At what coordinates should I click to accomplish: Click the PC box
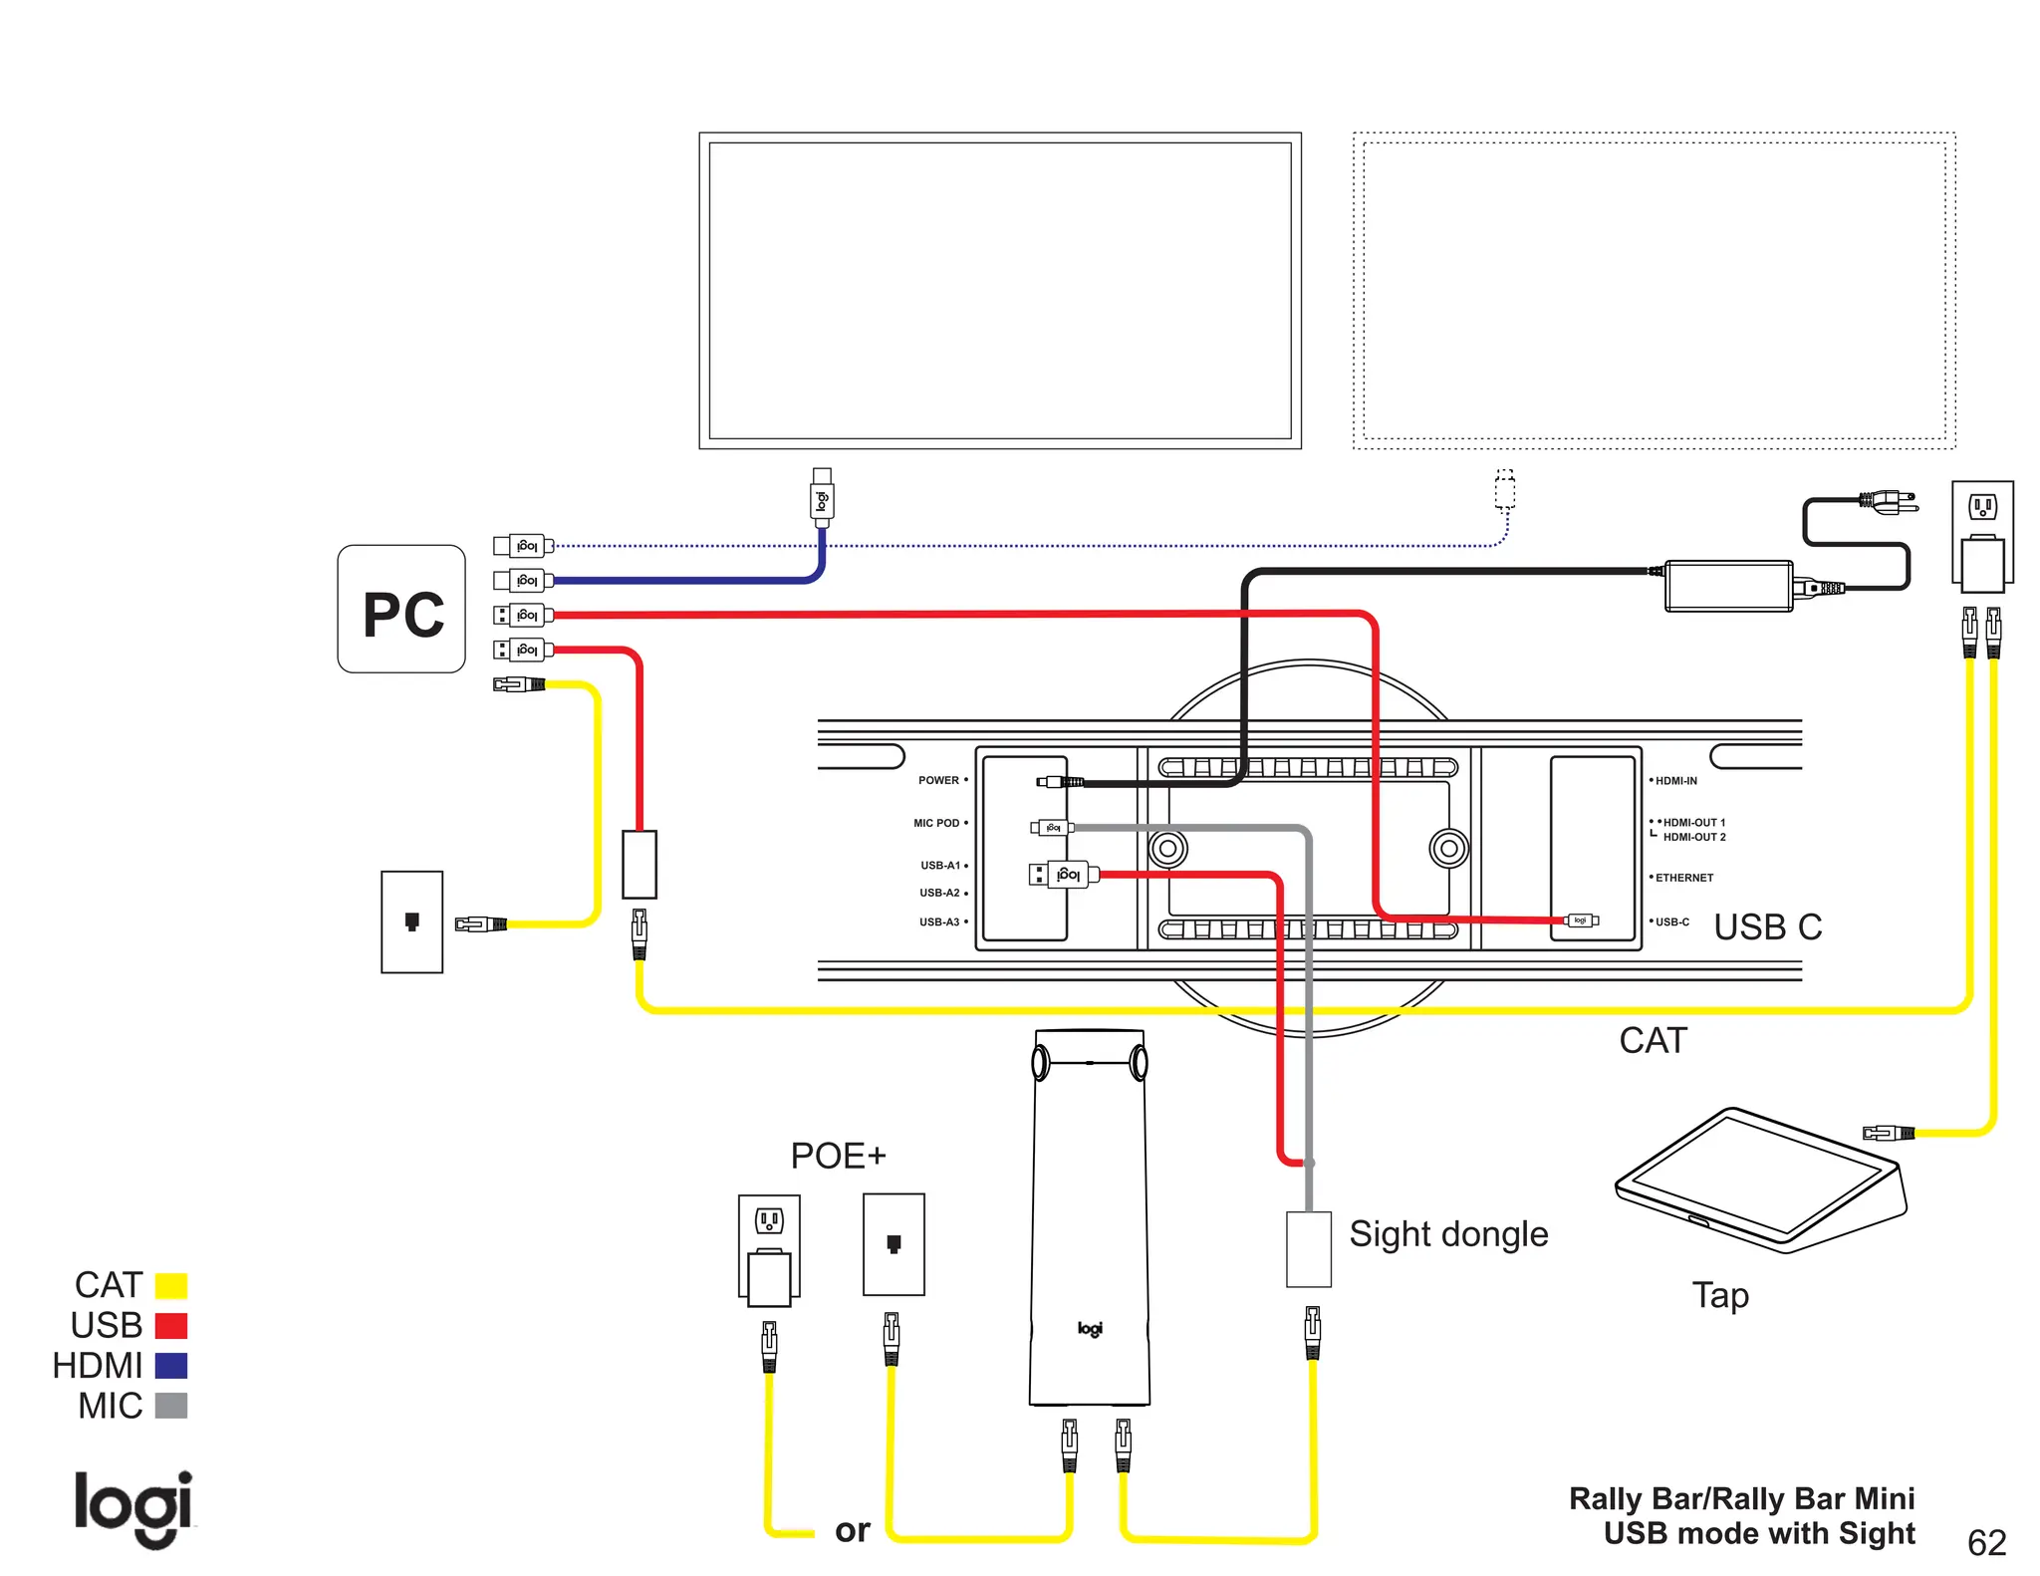point(401,609)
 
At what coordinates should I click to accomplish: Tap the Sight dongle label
point(1447,1234)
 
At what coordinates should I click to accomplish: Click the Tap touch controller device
point(1760,1180)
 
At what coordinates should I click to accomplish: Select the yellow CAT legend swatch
point(171,1285)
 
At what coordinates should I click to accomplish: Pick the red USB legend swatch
point(171,1326)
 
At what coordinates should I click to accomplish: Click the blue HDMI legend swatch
point(171,1366)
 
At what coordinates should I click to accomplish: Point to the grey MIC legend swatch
point(171,1406)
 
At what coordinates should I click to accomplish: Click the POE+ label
point(838,1156)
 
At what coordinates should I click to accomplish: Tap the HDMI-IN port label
point(1675,781)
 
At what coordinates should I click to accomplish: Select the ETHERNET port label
point(1683,878)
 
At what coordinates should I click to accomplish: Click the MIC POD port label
point(936,823)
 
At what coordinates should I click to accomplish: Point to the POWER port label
point(938,780)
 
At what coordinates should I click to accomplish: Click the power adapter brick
point(1728,586)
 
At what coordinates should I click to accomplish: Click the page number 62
point(1986,1542)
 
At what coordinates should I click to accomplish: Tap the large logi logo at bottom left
point(133,1507)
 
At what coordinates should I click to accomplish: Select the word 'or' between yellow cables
point(852,1530)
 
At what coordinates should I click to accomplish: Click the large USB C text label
point(1767,926)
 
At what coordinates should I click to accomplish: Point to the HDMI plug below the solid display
point(822,497)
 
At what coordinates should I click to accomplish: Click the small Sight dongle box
point(1308,1249)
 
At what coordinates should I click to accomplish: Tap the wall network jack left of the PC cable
point(411,921)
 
